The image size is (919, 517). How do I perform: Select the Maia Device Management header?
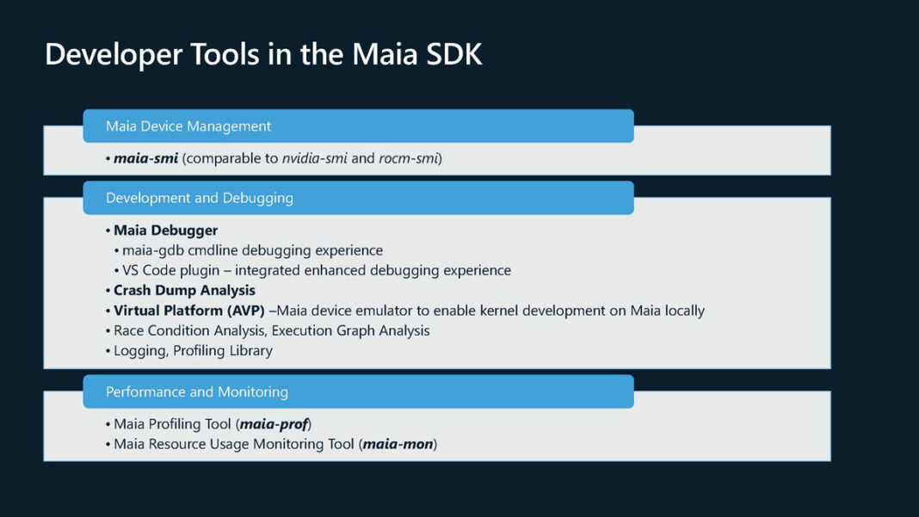(x=188, y=126)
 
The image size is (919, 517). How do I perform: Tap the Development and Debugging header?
(x=199, y=198)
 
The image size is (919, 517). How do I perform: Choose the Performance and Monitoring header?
(x=196, y=391)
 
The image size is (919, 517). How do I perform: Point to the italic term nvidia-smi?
(x=315, y=158)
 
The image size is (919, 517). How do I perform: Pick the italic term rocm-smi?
(x=408, y=158)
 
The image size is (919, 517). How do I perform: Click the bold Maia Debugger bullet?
(x=165, y=231)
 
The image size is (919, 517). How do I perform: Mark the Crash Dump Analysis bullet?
(x=184, y=290)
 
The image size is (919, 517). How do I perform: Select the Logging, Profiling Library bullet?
(x=193, y=350)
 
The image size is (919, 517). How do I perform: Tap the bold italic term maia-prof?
(x=274, y=424)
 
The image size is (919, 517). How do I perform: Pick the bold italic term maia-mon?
(x=398, y=444)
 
